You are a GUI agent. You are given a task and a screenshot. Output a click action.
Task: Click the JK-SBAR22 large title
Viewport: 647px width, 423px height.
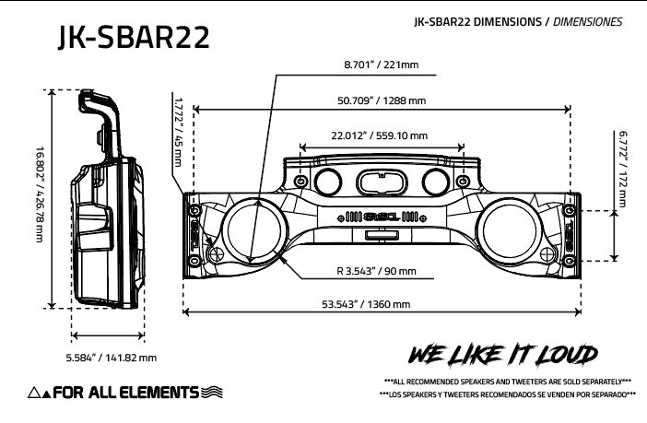pos(132,37)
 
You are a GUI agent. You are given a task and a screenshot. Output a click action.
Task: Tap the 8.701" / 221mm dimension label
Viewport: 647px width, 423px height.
pos(379,65)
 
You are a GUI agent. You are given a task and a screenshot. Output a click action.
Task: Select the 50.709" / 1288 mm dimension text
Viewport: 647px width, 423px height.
pos(381,100)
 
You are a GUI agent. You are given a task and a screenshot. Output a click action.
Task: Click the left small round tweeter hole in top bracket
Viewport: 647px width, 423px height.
pos(328,179)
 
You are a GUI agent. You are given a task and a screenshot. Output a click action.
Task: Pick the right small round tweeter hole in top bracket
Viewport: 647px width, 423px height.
pos(436,179)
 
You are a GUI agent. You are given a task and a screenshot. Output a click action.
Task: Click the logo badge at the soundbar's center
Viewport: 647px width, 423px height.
pos(382,217)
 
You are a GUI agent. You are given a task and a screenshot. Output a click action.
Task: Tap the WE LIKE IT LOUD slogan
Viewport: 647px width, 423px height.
pos(504,355)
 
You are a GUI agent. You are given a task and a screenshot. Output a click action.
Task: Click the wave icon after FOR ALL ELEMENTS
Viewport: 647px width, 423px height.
pos(211,393)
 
